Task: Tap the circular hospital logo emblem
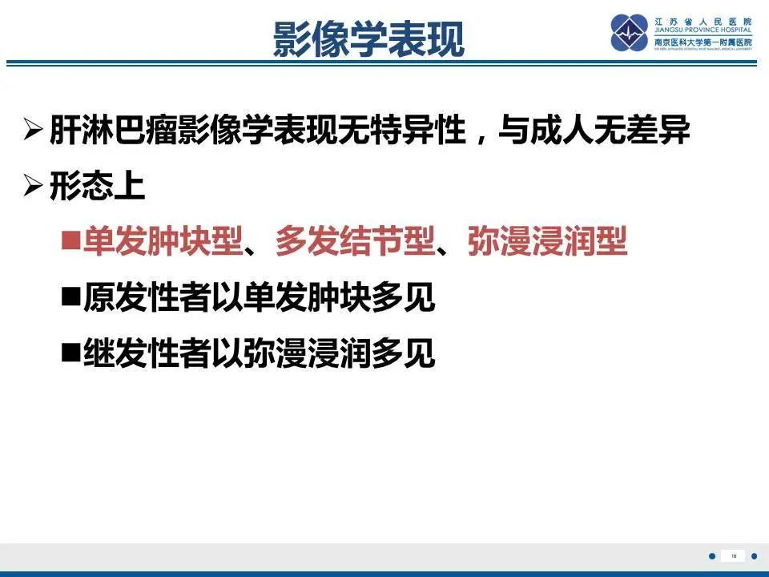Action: [629, 33]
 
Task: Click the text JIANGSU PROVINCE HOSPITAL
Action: [703, 30]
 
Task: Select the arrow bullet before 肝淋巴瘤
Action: [33, 130]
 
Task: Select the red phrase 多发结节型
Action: [355, 242]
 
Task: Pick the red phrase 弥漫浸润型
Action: [547, 242]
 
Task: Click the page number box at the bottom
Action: [733, 556]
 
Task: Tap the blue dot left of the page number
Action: [712, 556]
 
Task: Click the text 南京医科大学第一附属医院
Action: [703, 42]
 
